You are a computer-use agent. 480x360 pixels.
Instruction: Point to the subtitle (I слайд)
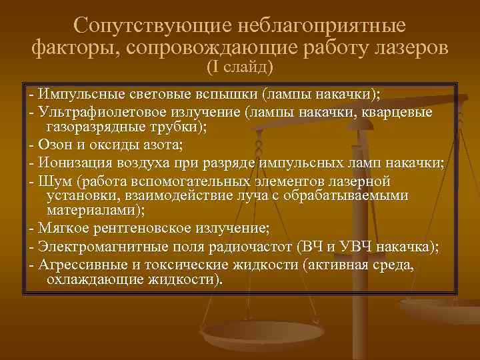point(240,67)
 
